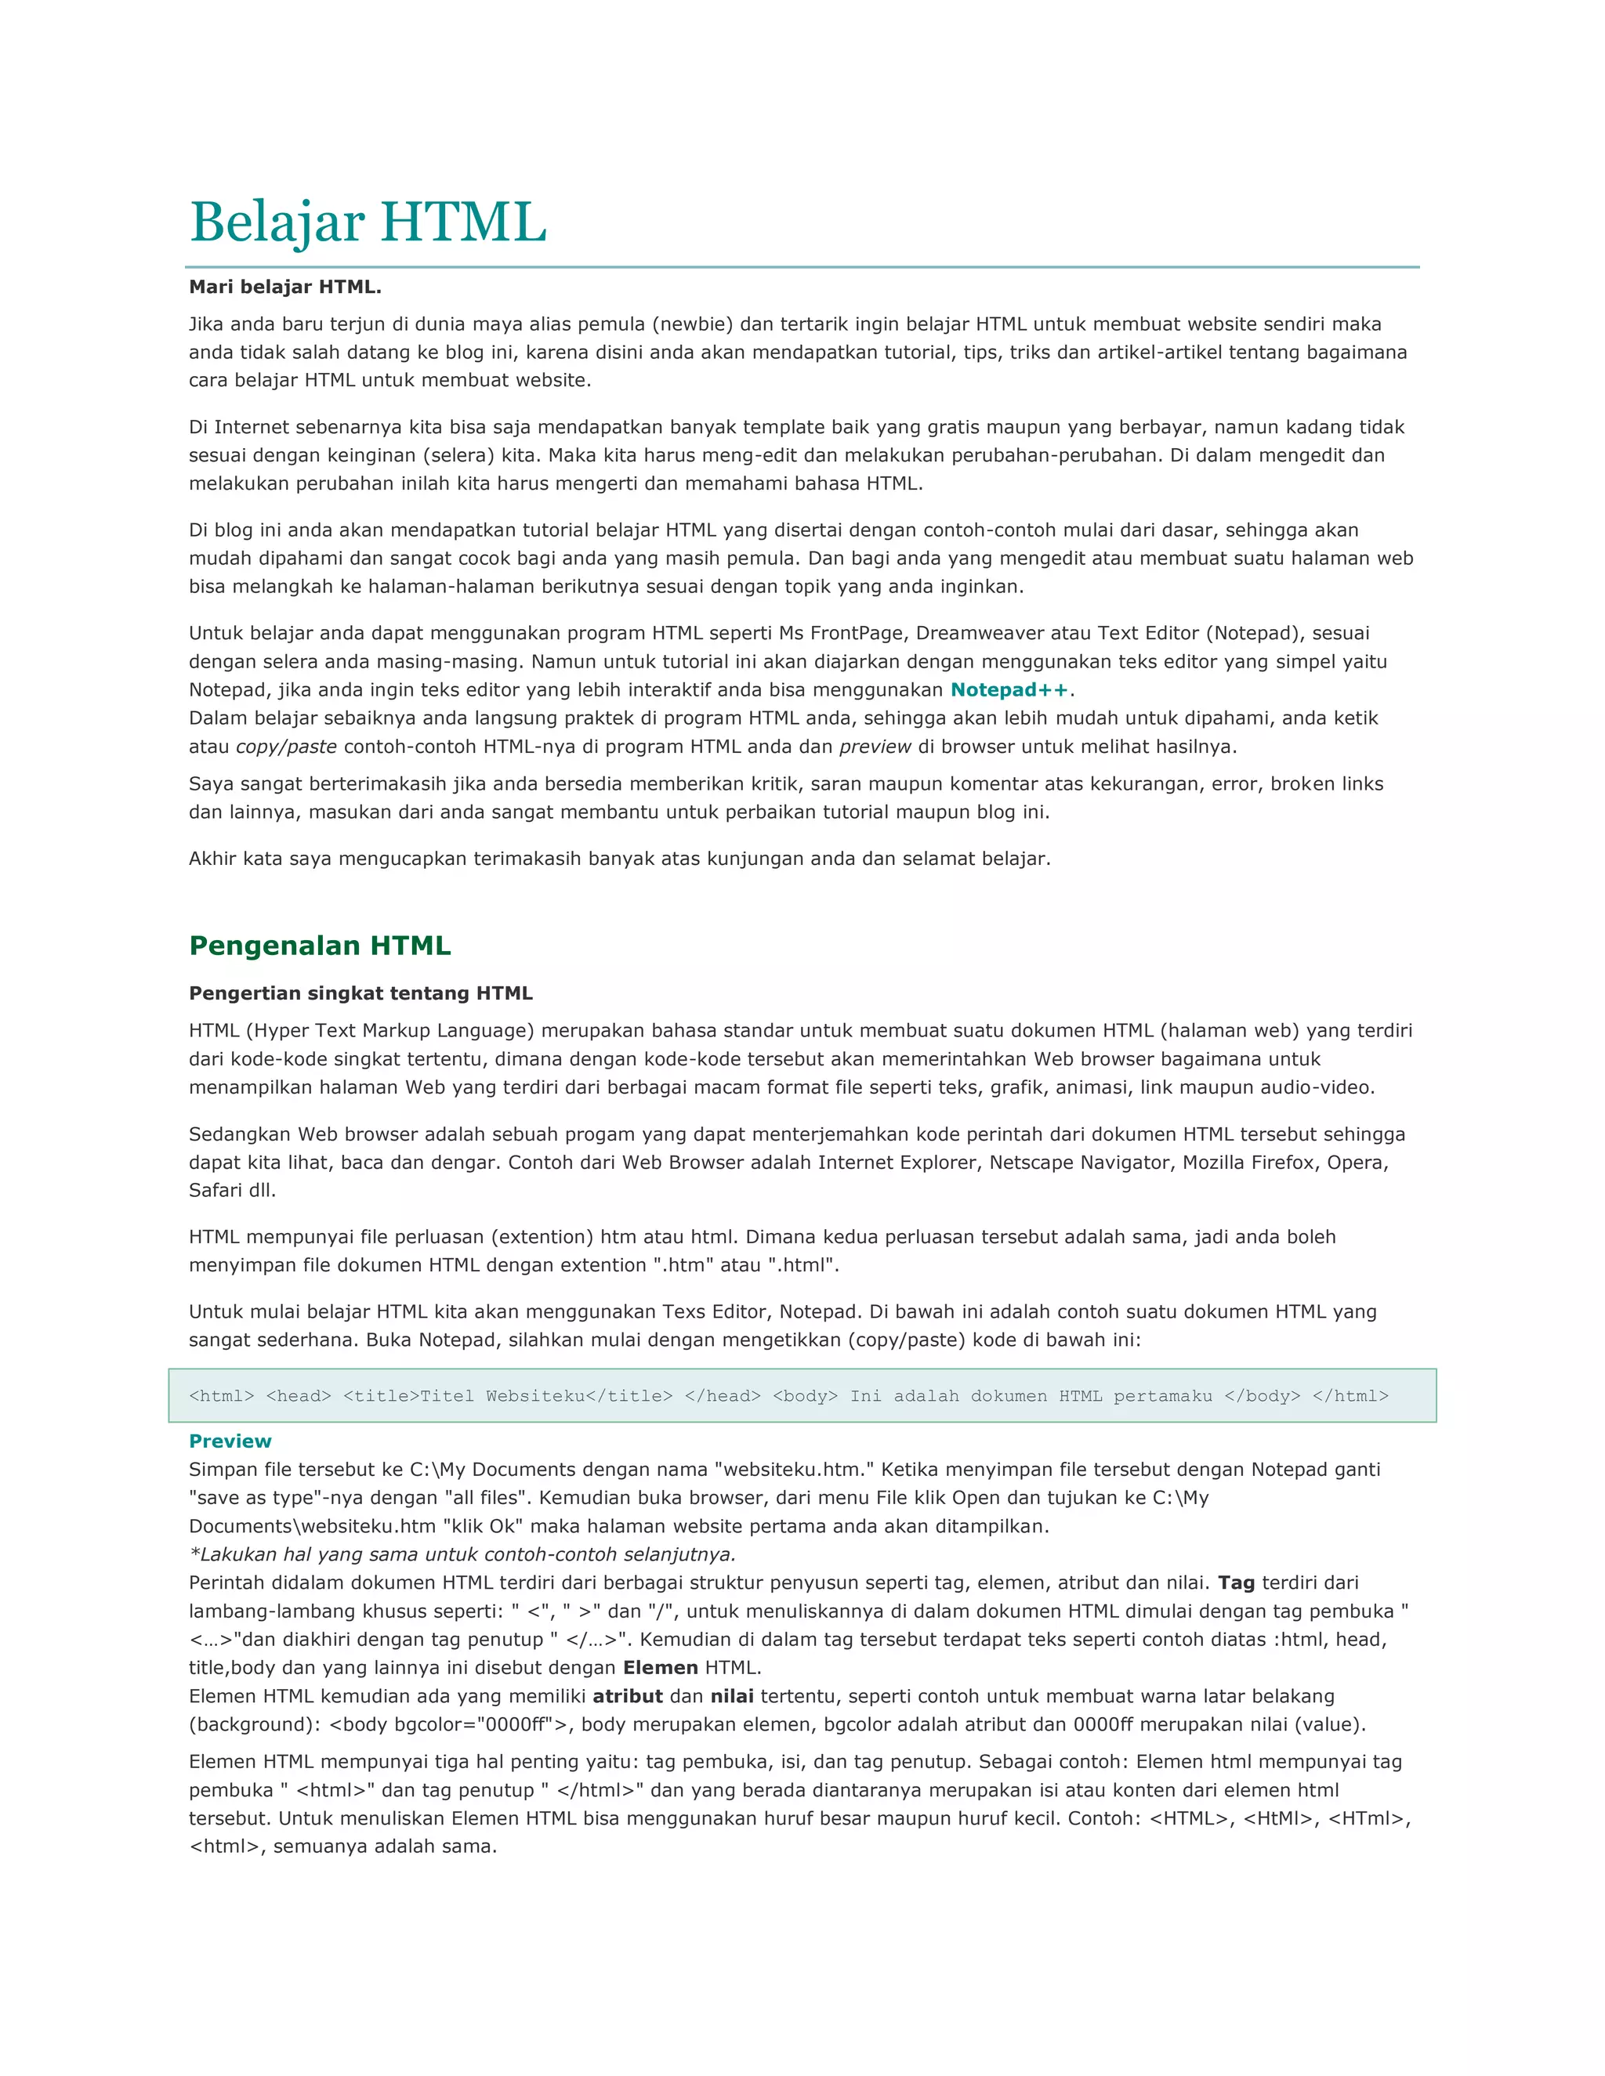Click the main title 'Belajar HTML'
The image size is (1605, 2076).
point(368,222)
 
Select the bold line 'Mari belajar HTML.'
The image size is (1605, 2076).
point(285,287)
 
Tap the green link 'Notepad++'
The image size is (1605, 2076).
point(1009,690)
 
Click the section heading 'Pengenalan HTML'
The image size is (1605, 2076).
point(320,946)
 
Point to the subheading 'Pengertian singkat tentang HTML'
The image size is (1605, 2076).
point(360,993)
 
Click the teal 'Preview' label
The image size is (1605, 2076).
point(230,1441)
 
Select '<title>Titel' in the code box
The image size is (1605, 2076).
point(408,1396)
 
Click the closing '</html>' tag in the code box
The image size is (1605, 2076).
point(1350,1396)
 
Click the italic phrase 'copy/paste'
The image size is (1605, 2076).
point(286,747)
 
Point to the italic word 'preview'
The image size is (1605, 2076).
point(875,747)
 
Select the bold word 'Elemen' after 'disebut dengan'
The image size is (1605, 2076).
point(661,1668)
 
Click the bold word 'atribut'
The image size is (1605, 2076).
point(628,1697)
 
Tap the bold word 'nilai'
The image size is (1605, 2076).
point(732,1697)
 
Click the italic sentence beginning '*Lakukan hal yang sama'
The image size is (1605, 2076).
point(463,1555)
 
